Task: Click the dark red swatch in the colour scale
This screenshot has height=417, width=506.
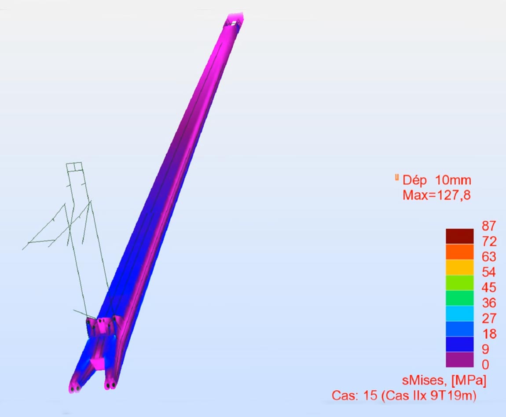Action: (x=459, y=236)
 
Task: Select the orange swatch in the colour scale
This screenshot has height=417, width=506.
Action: (x=459, y=252)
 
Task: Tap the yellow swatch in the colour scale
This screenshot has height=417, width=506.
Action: (x=459, y=267)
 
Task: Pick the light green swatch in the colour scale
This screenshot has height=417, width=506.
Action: (x=459, y=282)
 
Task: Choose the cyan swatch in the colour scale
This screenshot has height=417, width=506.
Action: (x=459, y=314)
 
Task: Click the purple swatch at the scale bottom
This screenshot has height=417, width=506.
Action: (x=459, y=359)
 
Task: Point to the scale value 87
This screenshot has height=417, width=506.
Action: (x=488, y=226)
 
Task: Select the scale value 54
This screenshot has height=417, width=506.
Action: (x=489, y=272)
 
